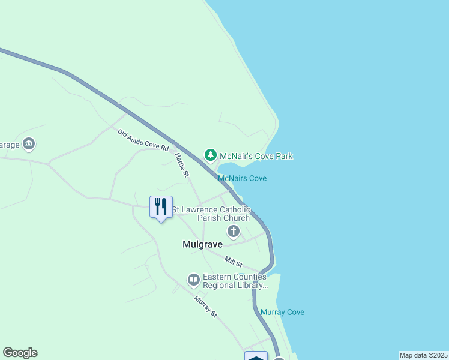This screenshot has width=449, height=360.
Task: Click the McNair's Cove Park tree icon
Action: coord(210,155)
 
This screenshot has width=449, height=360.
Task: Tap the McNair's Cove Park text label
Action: coord(256,156)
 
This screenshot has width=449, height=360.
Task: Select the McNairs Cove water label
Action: coord(242,178)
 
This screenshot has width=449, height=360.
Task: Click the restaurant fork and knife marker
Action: coord(161,207)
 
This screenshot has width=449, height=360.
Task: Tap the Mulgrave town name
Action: coord(202,244)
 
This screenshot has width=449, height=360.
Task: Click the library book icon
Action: coord(194,280)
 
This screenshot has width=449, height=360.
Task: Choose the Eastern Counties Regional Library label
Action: coord(235,281)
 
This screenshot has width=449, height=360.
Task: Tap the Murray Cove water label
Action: coord(282,312)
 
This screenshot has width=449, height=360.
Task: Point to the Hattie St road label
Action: coord(182,164)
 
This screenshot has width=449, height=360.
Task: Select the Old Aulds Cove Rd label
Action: coord(143,140)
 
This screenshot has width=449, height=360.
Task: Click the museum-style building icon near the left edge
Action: coord(29,144)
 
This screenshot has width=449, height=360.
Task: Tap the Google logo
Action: coord(20,353)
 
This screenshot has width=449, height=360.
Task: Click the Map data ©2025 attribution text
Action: coord(424,355)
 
